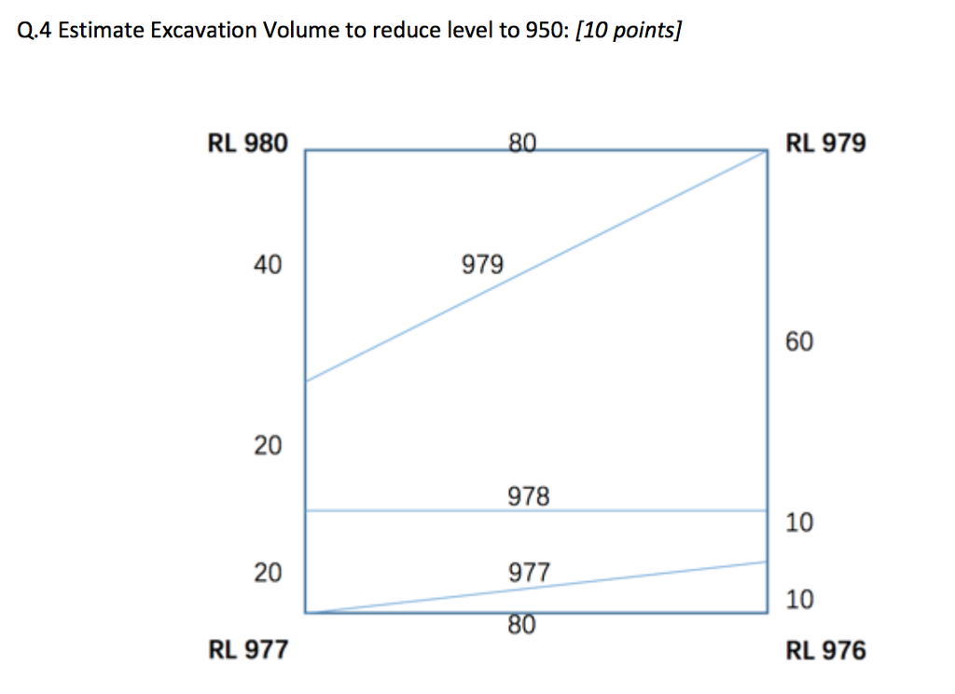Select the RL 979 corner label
click(825, 144)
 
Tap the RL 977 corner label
click(247, 649)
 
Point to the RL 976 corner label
click(825, 649)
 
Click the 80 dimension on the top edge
click(523, 144)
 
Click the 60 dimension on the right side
click(799, 342)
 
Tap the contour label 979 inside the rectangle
click(482, 266)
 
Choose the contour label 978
click(529, 495)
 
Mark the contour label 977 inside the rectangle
click(530, 571)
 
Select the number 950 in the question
click(544, 32)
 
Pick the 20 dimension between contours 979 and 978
click(267, 446)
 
